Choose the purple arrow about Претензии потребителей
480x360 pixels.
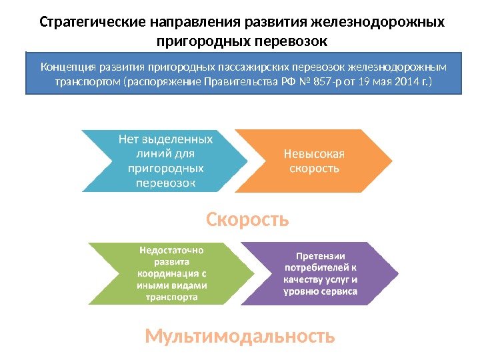[x=320, y=273]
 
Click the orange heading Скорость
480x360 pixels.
[x=247, y=219]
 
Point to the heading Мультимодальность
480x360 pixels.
[x=239, y=337]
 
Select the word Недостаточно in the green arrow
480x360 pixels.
[x=172, y=250]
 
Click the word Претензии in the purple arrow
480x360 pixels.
[x=320, y=255]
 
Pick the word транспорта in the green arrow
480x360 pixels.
[x=171, y=297]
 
